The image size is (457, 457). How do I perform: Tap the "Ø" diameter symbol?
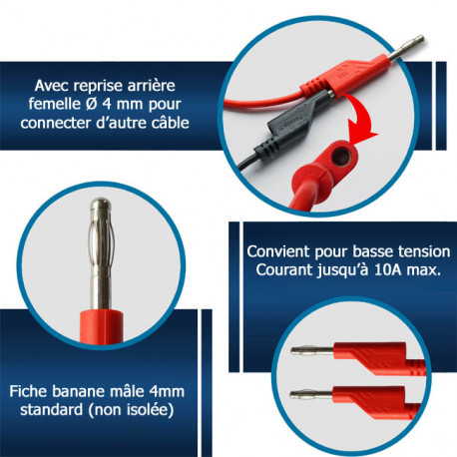(x=89, y=104)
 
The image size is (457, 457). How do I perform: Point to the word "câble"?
(x=170, y=122)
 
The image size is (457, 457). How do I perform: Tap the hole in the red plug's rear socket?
(x=340, y=157)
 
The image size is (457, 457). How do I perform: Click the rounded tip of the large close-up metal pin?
(x=101, y=204)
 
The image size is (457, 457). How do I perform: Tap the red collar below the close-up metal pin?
(x=102, y=326)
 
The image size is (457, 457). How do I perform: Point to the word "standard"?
(x=52, y=409)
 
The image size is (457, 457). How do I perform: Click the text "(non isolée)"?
(x=131, y=410)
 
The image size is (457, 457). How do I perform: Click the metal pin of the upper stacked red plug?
(x=312, y=350)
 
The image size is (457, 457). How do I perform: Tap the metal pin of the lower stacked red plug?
(x=311, y=395)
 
